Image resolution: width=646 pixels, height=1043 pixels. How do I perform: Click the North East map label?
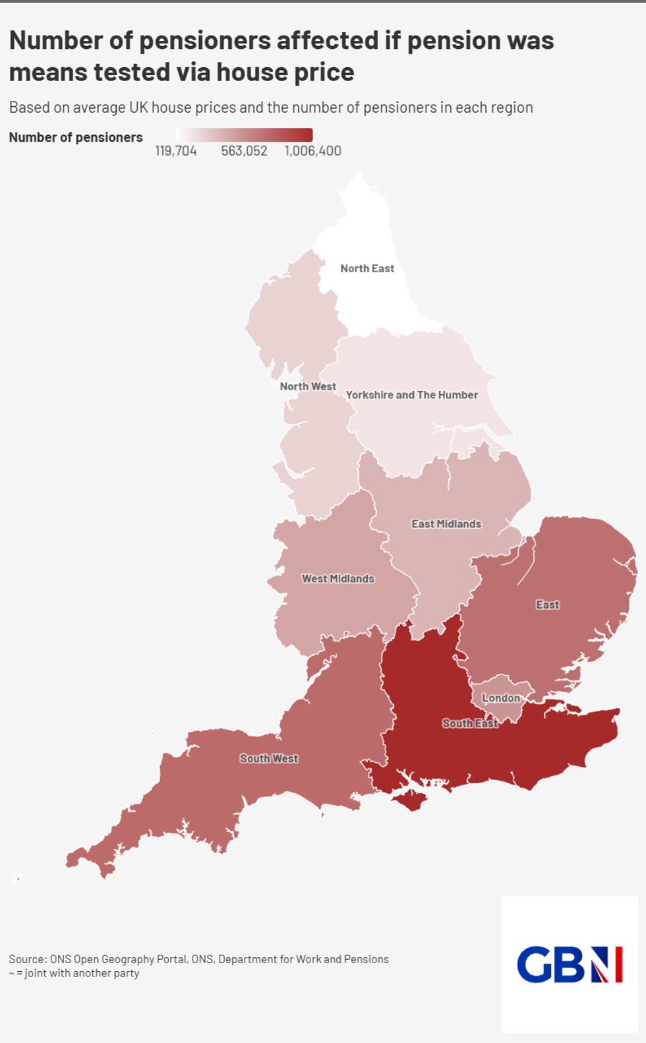pyautogui.click(x=367, y=268)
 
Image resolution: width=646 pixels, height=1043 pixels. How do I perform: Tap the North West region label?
pyautogui.click(x=308, y=386)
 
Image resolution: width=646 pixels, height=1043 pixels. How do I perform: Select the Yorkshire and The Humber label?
pyautogui.click(x=412, y=395)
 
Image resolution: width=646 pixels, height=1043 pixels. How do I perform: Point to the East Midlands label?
pyautogui.click(x=446, y=524)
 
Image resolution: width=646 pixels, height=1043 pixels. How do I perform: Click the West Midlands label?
pyautogui.click(x=338, y=579)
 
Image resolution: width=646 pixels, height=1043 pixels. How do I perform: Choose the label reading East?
pyautogui.click(x=547, y=605)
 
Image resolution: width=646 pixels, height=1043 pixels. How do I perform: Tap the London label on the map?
pyautogui.click(x=501, y=698)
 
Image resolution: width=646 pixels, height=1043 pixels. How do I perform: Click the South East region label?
pyautogui.click(x=470, y=723)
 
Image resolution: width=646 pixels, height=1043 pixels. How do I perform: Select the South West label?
pyautogui.click(x=269, y=759)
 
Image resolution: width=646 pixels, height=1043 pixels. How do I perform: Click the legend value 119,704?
pyautogui.click(x=176, y=151)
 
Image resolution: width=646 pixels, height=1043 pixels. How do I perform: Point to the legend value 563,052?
pyautogui.click(x=244, y=151)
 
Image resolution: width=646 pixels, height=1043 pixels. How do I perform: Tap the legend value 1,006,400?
pyautogui.click(x=313, y=151)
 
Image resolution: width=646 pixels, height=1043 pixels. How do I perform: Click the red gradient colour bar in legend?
pyautogui.click(x=244, y=134)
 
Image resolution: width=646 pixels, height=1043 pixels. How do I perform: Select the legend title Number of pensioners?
pyautogui.click(x=76, y=137)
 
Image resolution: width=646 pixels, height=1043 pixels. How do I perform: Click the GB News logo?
pyautogui.click(x=570, y=964)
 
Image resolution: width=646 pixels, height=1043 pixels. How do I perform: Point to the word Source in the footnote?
pyautogui.click(x=26, y=959)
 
